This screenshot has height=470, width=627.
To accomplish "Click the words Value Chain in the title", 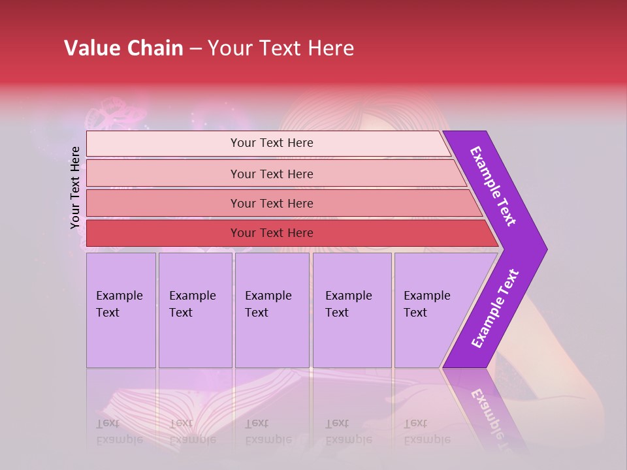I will pos(123,48).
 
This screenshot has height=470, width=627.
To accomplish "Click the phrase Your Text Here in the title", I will pos(281,48).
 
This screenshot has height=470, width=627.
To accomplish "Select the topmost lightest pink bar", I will pos(271,143).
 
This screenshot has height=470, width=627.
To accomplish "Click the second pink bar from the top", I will pos(271,174).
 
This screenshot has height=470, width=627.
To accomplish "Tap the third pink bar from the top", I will pos(271,203).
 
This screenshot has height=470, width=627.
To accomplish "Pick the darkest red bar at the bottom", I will pos(271,233).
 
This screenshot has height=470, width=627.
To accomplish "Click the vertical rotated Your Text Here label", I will pos(75,188).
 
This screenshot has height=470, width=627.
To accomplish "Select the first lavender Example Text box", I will pos(121,310).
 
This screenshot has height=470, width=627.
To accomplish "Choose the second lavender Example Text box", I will pos(195,310).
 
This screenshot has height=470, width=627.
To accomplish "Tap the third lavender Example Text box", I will pos(271,310).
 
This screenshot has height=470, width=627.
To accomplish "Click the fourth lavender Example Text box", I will pos(351,310).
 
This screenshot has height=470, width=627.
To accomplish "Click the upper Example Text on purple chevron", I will pos(493,186).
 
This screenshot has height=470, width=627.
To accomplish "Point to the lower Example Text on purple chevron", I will pos(495,309).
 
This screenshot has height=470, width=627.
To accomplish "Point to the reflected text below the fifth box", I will pos(426,431).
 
